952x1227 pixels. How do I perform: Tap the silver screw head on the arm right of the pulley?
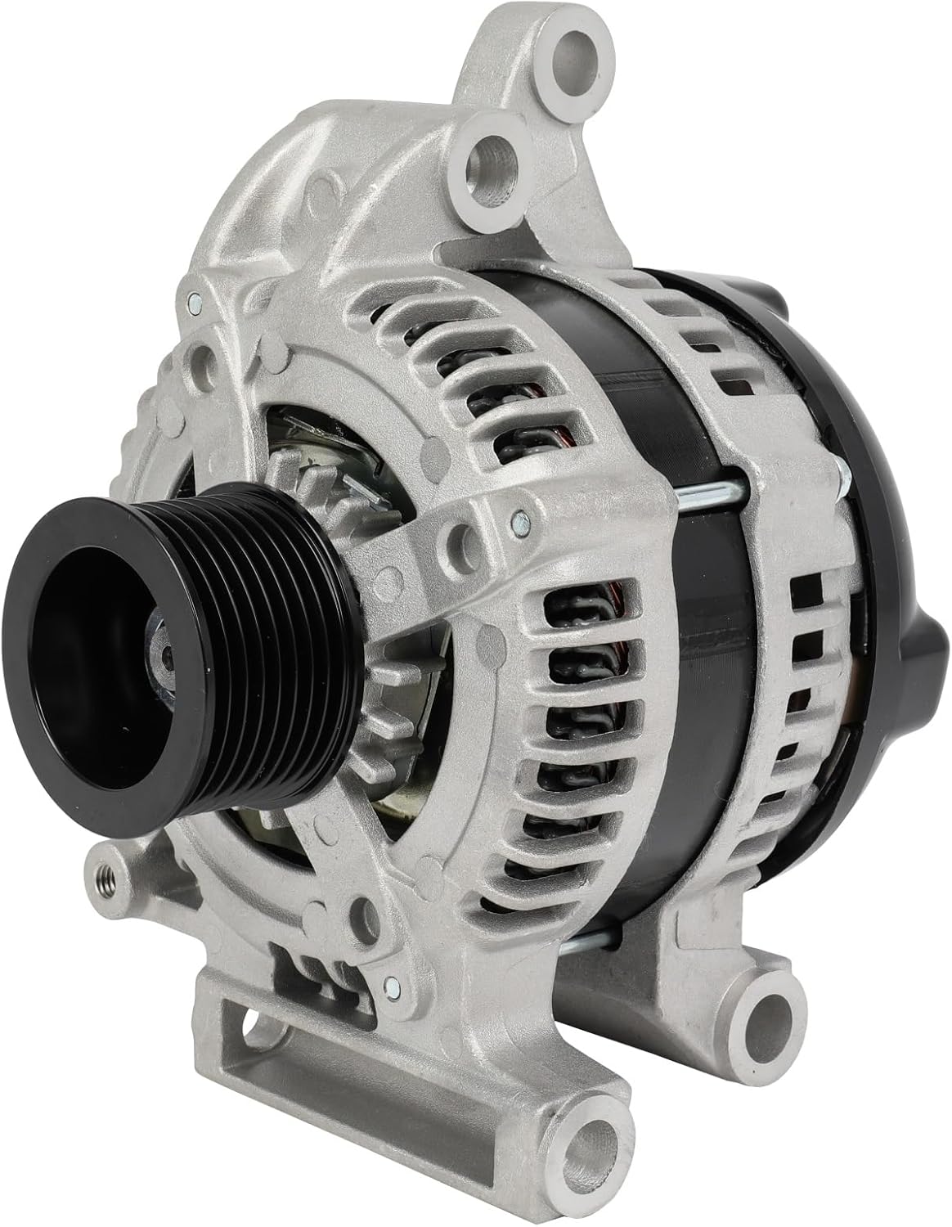click(x=514, y=518)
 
